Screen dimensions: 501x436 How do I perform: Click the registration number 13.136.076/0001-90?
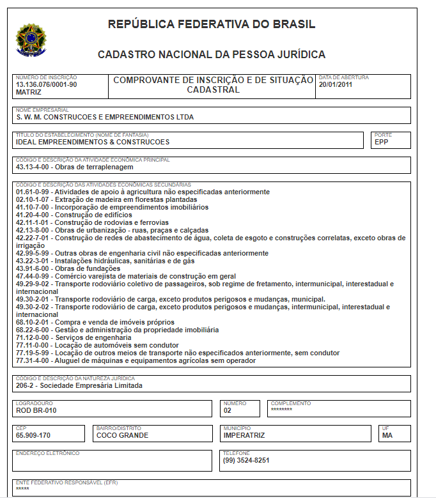pyautogui.click(x=47, y=84)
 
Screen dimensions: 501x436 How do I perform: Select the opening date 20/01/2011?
pyautogui.click(x=336, y=84)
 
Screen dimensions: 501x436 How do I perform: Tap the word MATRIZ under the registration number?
pyautogui.click(x=29, y=92)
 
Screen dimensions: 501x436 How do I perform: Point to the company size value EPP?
pyautogui.click(x=382, y=143)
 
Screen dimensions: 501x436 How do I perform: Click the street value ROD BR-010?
pyautogui.click(x=36, y=410)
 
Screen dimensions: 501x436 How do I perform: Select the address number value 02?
pyautogui.click(x=228, y=410)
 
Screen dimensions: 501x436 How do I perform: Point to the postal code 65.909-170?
pyautogui.click(x=33, y=435)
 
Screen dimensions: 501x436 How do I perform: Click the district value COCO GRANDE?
pyautogui.click(x=122, y=435)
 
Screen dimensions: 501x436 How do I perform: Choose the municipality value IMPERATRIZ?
pyautogui.click(x=244, y=435)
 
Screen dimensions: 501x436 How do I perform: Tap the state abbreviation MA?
pyautogui.click(x=387, y=435)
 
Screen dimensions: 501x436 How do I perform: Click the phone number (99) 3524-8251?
pyautogui.click(x=246, y=460)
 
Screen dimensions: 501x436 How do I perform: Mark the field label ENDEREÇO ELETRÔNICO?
pyautogui.click(x=47, y=453)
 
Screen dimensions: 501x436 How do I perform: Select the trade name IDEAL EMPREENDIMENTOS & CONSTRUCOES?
pyautogui.click(x=93, y=143)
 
